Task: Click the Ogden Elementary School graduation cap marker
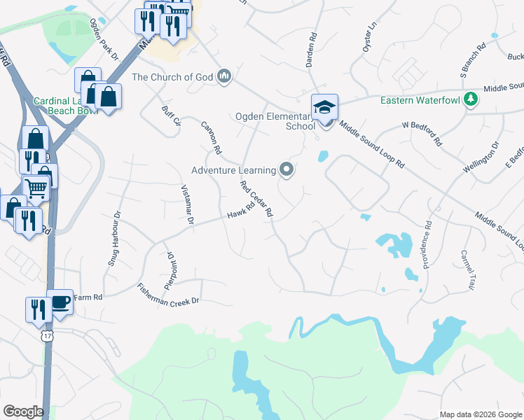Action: (325, 107)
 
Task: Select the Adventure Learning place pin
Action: (286, 169)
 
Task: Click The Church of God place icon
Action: (224, 76)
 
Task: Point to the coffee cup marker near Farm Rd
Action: (60, 302)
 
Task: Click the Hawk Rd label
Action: (240, 211)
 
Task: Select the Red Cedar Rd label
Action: (256, 199)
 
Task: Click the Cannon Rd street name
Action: (212, 137)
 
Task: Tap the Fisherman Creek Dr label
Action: (169, 293)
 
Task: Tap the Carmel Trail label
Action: (467, 270)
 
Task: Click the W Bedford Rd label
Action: (421, 133)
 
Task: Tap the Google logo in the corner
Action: (22, 412)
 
